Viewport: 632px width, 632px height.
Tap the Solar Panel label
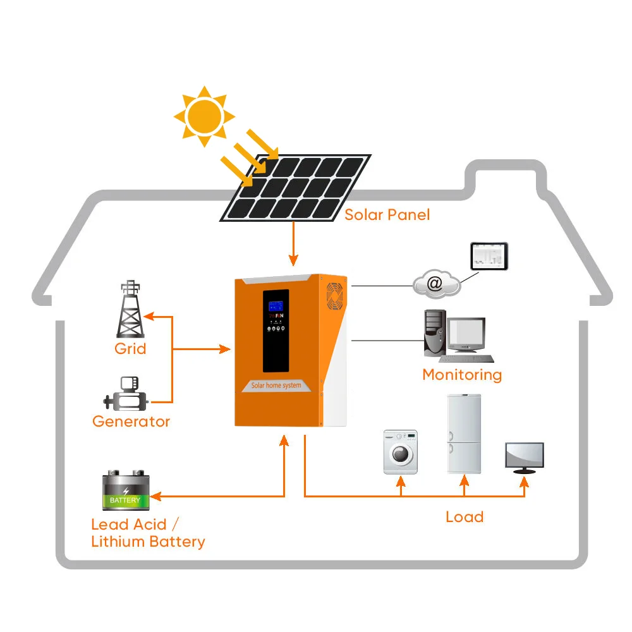387,215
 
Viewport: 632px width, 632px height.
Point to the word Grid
130,348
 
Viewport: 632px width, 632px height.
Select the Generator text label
131,422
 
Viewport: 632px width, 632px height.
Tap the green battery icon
126,490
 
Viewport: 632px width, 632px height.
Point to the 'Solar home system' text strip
276,386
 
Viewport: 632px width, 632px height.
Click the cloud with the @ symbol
436,284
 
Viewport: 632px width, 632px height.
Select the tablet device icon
489,255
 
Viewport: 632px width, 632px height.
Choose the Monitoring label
462,375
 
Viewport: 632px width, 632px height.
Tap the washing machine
401,452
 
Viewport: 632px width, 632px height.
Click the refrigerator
464,434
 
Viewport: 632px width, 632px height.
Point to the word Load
465,517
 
